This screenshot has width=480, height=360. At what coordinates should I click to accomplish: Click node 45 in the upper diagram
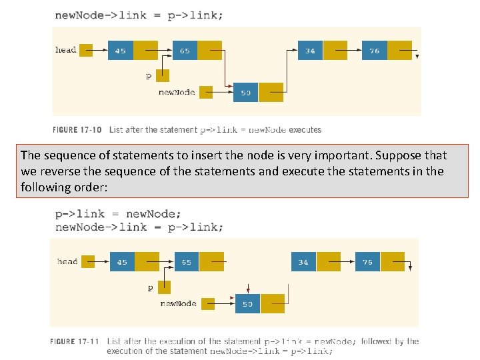(121, 51)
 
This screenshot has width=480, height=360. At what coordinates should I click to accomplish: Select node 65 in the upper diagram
(185, 51)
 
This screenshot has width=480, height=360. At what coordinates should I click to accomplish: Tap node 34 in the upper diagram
(310, 51)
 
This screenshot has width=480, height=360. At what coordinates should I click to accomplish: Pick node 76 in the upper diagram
(374, 51)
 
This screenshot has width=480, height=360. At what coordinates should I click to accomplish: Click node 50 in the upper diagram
(245, 92)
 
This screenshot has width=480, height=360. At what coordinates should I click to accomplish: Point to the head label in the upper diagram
(65, 50)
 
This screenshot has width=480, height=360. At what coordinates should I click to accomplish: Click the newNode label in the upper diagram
(177, 92)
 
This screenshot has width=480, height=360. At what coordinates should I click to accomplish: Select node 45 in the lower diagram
(122, 262)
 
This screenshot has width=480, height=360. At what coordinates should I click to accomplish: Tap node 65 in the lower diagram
(187, 262)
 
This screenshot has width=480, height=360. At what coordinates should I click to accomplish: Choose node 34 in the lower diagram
(303, 262)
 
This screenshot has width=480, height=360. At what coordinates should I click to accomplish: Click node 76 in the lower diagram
(367, 262)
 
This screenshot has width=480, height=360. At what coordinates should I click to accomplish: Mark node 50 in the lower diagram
(247, 304)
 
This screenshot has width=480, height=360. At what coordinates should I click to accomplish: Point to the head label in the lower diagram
(67, 261)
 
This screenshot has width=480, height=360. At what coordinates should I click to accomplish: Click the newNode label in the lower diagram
(178, 304)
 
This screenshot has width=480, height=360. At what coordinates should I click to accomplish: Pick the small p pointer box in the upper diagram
(162, 75)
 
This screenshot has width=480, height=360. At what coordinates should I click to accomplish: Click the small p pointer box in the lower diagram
(164, 287)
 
